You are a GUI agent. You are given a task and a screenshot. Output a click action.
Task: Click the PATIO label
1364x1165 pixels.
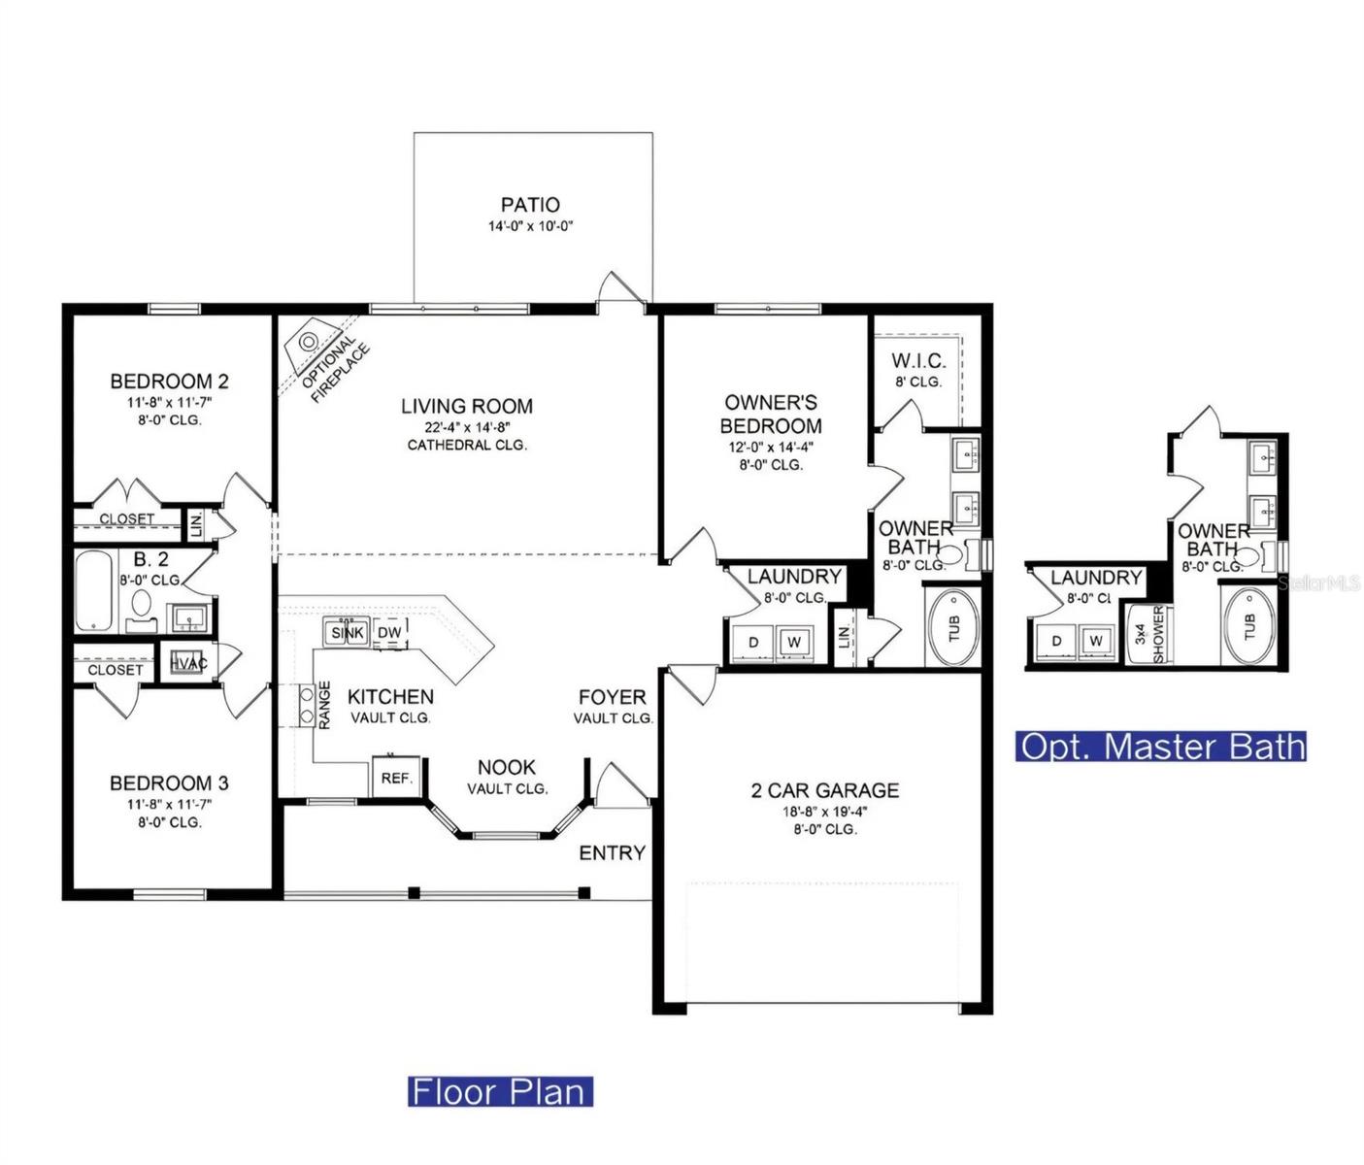tap(530, 205)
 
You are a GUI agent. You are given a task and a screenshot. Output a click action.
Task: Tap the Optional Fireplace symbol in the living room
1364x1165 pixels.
tap(309, 342)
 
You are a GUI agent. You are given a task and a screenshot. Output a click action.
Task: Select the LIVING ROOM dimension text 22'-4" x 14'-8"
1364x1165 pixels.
tap(467, 426)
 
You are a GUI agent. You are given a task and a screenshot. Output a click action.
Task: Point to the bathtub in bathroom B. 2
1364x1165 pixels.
tap(94, 590)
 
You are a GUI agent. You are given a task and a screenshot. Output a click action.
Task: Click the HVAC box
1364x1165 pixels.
tap(187, 662)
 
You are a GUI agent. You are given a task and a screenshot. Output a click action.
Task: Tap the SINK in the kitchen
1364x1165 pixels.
tap(347, 633)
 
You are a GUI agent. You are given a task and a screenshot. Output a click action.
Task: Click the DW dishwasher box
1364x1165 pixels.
tap(389, 633)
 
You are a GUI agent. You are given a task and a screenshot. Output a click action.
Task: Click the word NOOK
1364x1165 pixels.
tap(506, 767)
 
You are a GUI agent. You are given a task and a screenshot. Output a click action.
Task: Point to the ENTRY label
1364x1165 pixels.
tap(612, 852)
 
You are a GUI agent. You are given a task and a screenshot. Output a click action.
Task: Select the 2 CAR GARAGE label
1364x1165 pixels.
tap(824, 790)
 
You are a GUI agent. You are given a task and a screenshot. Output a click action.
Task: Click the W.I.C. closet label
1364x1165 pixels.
tap(918, 361)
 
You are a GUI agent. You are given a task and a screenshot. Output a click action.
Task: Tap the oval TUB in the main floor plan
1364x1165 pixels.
tap(952, 627)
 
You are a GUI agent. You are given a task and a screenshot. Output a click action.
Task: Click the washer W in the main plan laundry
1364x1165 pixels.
tap(794, 642)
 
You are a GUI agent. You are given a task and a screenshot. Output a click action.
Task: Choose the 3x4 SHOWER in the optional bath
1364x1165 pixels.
tap(1148, 635)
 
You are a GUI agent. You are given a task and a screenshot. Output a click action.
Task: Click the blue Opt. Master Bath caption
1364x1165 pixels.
tap(1161, 747)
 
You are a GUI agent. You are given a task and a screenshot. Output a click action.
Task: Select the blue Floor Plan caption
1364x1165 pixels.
tap(500, 1091)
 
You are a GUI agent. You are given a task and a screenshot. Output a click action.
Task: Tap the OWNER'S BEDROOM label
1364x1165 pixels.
tap(771, 414)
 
